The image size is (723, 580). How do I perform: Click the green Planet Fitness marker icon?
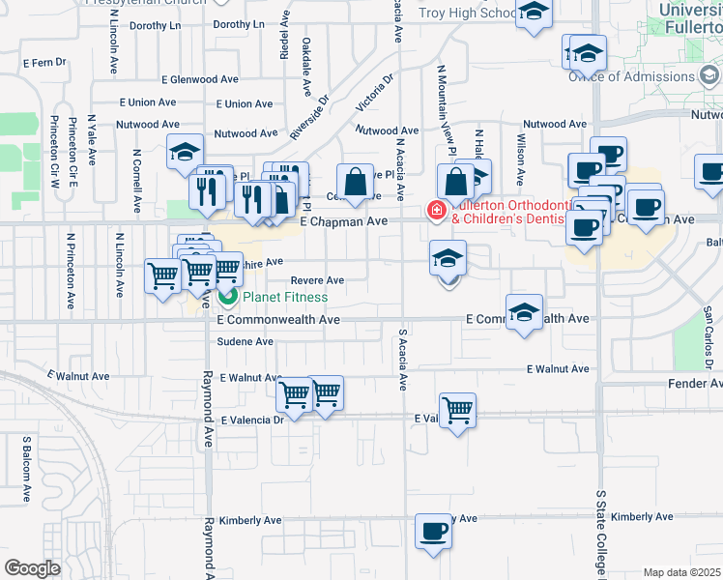point(229,296)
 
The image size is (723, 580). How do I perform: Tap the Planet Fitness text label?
point(284,297)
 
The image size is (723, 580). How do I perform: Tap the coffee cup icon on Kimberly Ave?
point(433,531)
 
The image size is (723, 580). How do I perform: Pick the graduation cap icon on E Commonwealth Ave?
point(524,313)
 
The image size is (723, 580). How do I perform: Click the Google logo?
point(32,567)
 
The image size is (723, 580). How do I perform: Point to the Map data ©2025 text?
point(681,572)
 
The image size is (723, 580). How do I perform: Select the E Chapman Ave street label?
point(343,221)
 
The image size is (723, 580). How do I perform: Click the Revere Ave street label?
point(317,279)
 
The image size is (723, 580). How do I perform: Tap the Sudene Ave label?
point(246,341)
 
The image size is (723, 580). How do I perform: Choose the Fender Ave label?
point(695,384)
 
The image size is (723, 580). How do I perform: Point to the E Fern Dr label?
point(43,62)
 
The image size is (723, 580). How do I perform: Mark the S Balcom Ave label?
point(27,469)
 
